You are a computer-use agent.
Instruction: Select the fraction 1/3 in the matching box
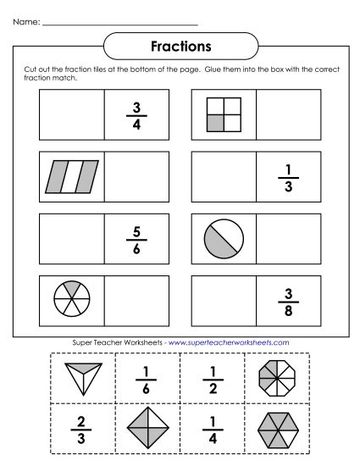pyautogui.click(x=289, y=175)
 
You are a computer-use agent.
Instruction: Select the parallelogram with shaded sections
pyautogui.click(x=72, y=175)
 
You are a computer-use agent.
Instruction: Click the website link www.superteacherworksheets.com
pyautogui.click(x=230, y=342)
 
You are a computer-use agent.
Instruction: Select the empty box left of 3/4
pyautogui.click(x=71, y=114)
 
